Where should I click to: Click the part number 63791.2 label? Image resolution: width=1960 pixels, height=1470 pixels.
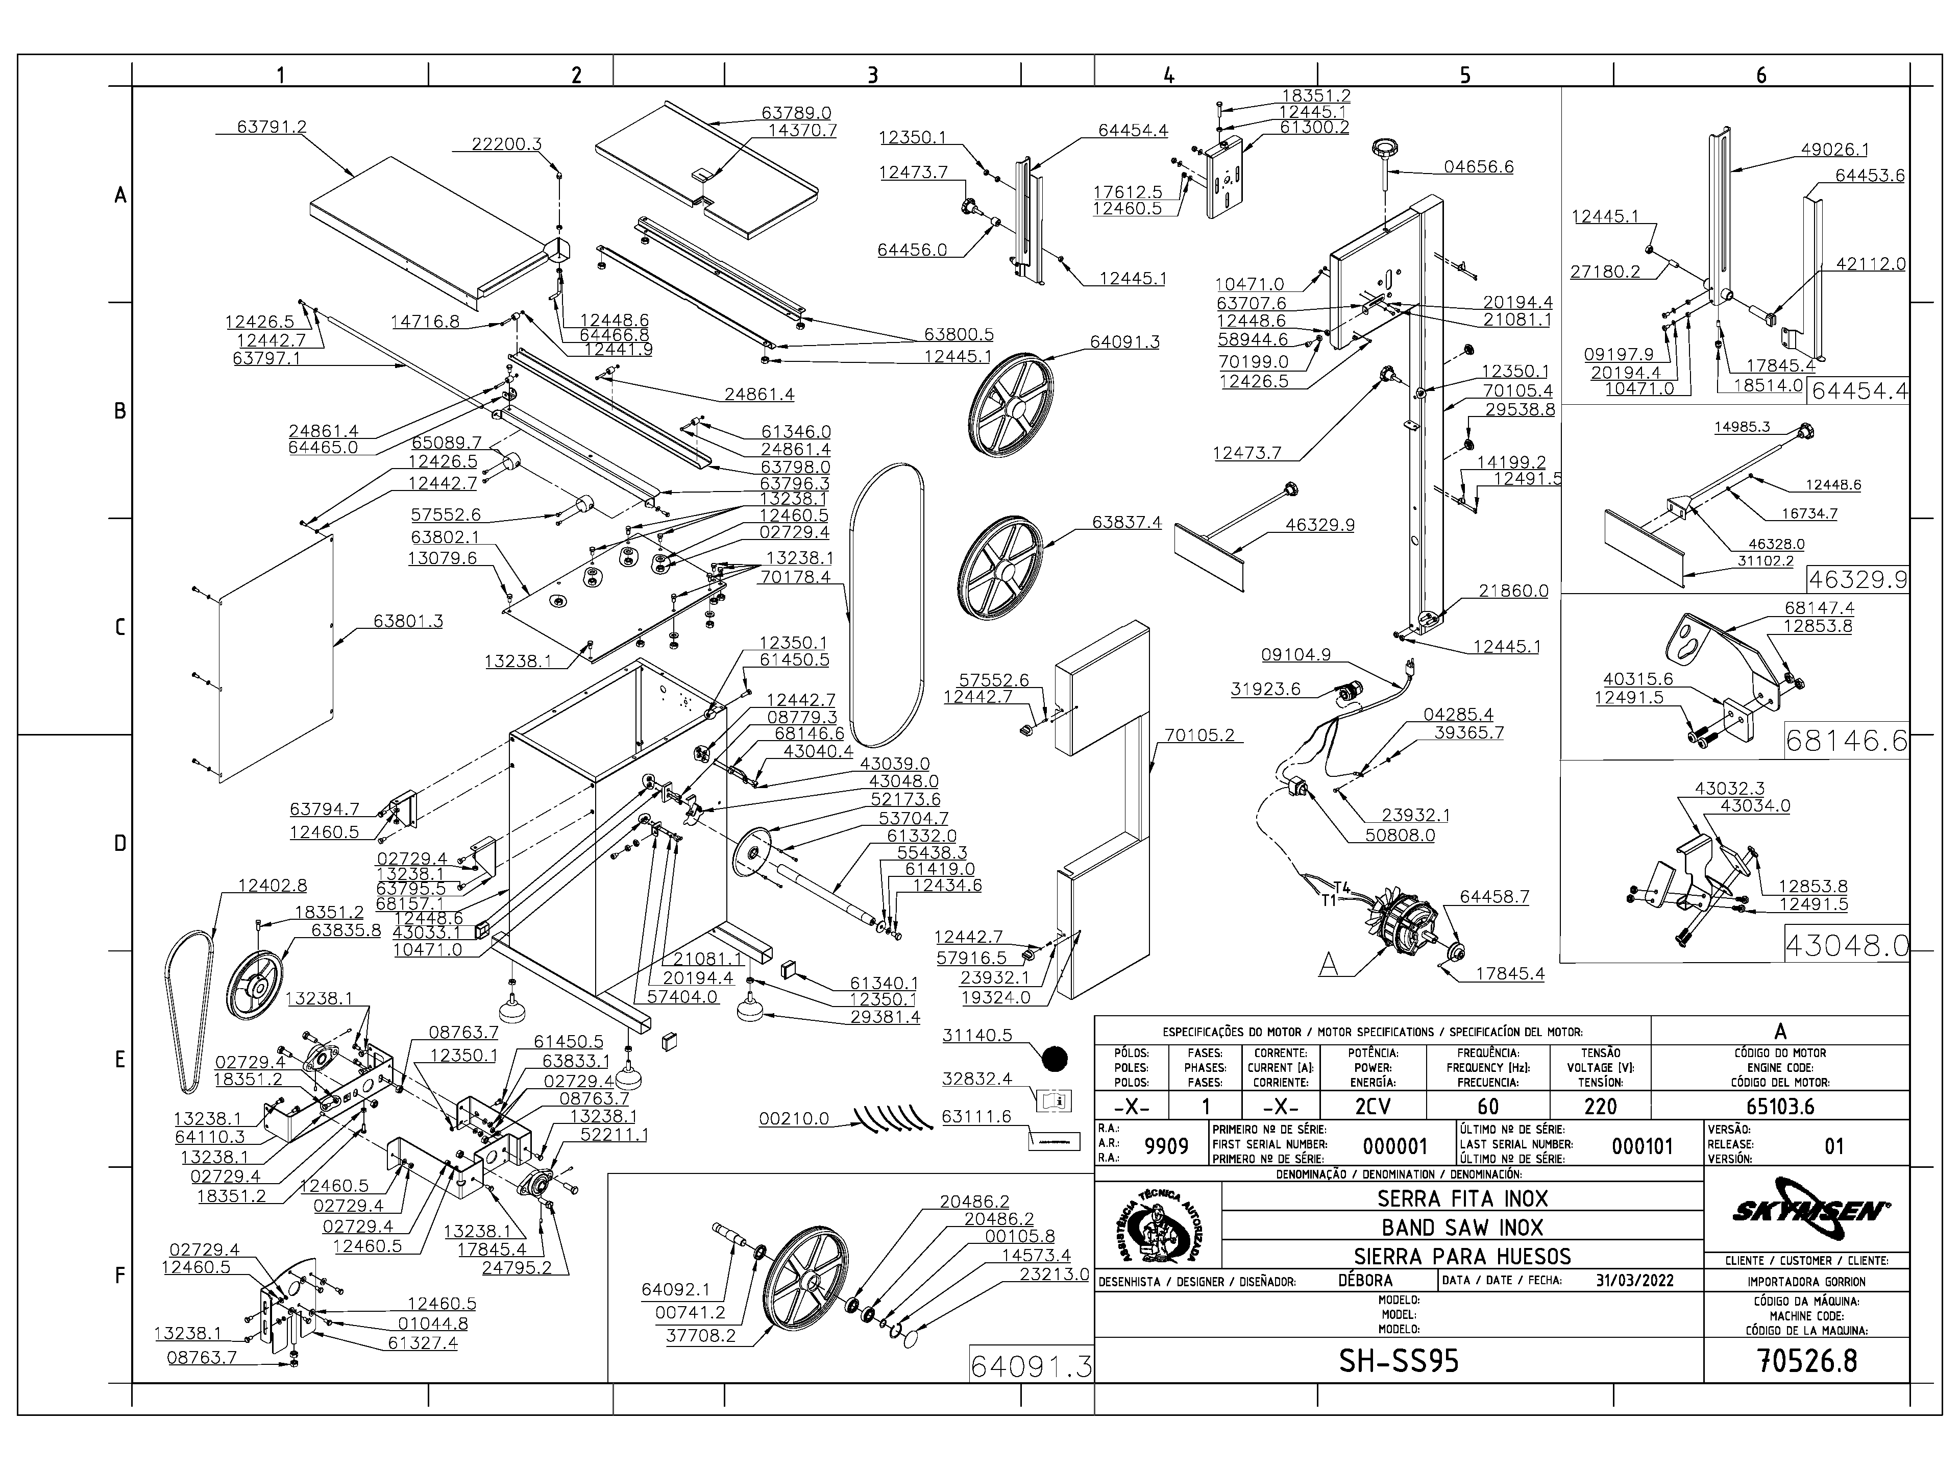(x=271, y=127)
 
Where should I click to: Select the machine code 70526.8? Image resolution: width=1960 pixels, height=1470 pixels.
(x=1807, y=1361)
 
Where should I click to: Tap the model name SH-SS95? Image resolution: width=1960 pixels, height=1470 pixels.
(x=1398, y=1361)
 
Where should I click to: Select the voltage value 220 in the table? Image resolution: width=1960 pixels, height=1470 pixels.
(x=1600, y=1107)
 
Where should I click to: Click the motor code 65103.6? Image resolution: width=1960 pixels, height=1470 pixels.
(x=1780, y=1107)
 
